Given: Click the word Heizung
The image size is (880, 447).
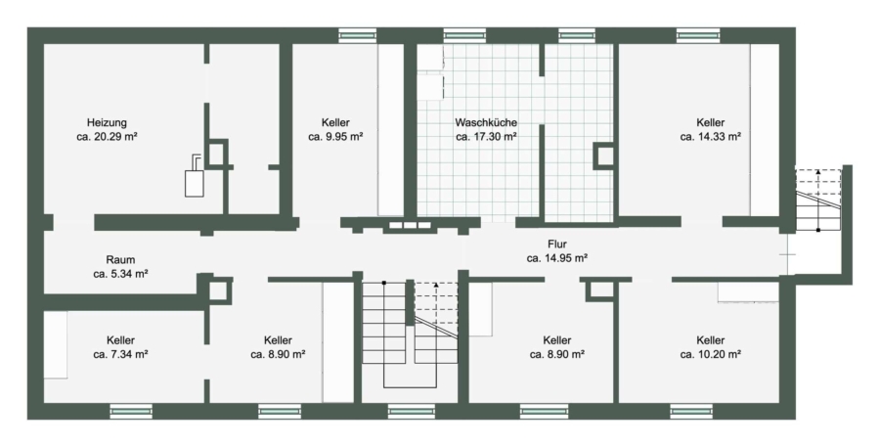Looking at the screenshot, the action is click(x=107, y=122).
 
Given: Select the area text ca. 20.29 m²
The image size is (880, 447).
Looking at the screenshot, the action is click(x=107, y=137).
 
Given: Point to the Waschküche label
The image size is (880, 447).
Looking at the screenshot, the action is click(x=486, y=122).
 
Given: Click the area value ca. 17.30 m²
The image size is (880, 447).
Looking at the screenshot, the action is click(x=486, y=137).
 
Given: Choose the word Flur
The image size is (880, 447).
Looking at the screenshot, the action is click(x=557, y=245).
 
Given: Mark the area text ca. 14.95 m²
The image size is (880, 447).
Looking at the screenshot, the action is click(x=557, y=258).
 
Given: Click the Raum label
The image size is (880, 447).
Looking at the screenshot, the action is click(x=120, y=260).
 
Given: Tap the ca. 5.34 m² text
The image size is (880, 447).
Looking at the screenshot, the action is click(x=120, y=274).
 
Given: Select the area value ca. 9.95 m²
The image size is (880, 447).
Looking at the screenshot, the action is click(x=335, y=137).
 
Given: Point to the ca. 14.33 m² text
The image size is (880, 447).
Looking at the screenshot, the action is click(x=711, y=137).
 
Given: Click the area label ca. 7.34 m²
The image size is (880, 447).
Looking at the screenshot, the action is click(x=120, y=354).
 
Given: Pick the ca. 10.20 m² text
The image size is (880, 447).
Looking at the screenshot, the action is click(x=711, y=354).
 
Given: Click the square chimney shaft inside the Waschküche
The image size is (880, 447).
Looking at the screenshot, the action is click(x=604, y=156).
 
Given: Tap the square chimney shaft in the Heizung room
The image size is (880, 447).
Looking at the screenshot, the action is click(x=216, y=153).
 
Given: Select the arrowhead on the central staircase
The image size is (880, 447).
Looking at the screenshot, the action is click(x=437, y=286).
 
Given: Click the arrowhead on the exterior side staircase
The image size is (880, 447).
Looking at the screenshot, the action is click(x=818, y=171).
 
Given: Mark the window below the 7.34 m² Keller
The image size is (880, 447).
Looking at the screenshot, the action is click(x=131, y=411).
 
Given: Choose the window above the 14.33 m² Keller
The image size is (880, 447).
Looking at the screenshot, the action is click(x=697, y=35).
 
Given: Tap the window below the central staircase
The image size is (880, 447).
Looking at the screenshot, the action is click(x=412, y=411).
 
